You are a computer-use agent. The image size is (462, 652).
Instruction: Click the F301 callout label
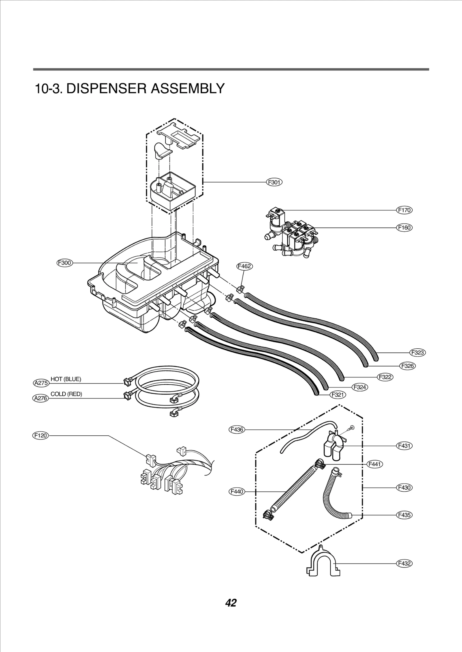coord(274,182)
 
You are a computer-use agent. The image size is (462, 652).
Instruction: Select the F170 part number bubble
coord(404,210)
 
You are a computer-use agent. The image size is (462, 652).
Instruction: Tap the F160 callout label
coord(404,228)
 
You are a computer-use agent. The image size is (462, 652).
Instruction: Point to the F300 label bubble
coord(64,263)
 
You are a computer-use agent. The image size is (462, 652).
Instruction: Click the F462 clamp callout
coord(244,266)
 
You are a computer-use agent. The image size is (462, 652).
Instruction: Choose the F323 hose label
coord(418,352)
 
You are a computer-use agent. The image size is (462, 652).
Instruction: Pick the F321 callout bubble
coord(338,395)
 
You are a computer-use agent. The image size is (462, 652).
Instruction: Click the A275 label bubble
coord(40,383)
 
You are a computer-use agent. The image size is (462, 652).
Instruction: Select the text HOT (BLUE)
coord(66,379)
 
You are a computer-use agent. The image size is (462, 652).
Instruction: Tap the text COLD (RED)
coord(66,394)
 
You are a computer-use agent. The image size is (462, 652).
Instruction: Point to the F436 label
coord(237,437)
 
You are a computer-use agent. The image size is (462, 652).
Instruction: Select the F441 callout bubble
coord(375,464)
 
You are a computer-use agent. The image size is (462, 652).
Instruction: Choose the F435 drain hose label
coord(404,515)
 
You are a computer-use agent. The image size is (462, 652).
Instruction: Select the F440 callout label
coord(237,492)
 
